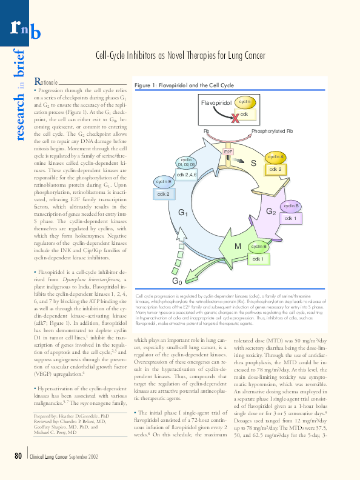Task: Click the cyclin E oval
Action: coord(164,182)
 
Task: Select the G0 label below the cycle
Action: coord(177,281)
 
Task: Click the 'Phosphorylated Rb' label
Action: coord(272,131)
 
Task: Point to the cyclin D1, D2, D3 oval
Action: coord(186,162)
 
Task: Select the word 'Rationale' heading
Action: coord(46,82)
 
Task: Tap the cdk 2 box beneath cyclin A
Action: coord(275,169)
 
